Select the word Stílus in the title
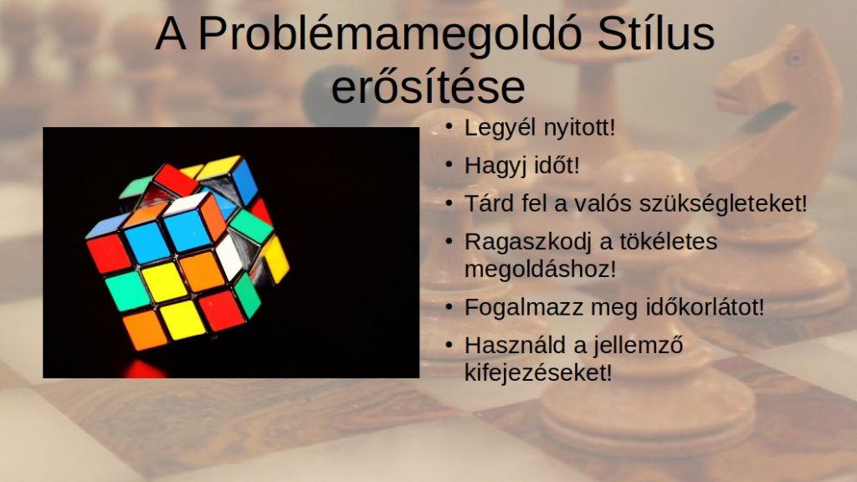pos(656,33)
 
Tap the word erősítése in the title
pos(428,86)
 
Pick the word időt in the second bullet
pos(557,165)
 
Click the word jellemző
pos(638,346)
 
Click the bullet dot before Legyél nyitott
pos(449,127)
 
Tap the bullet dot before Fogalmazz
pos(449,307)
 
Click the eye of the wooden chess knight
pos(795,58)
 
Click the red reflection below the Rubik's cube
pos(145,370)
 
